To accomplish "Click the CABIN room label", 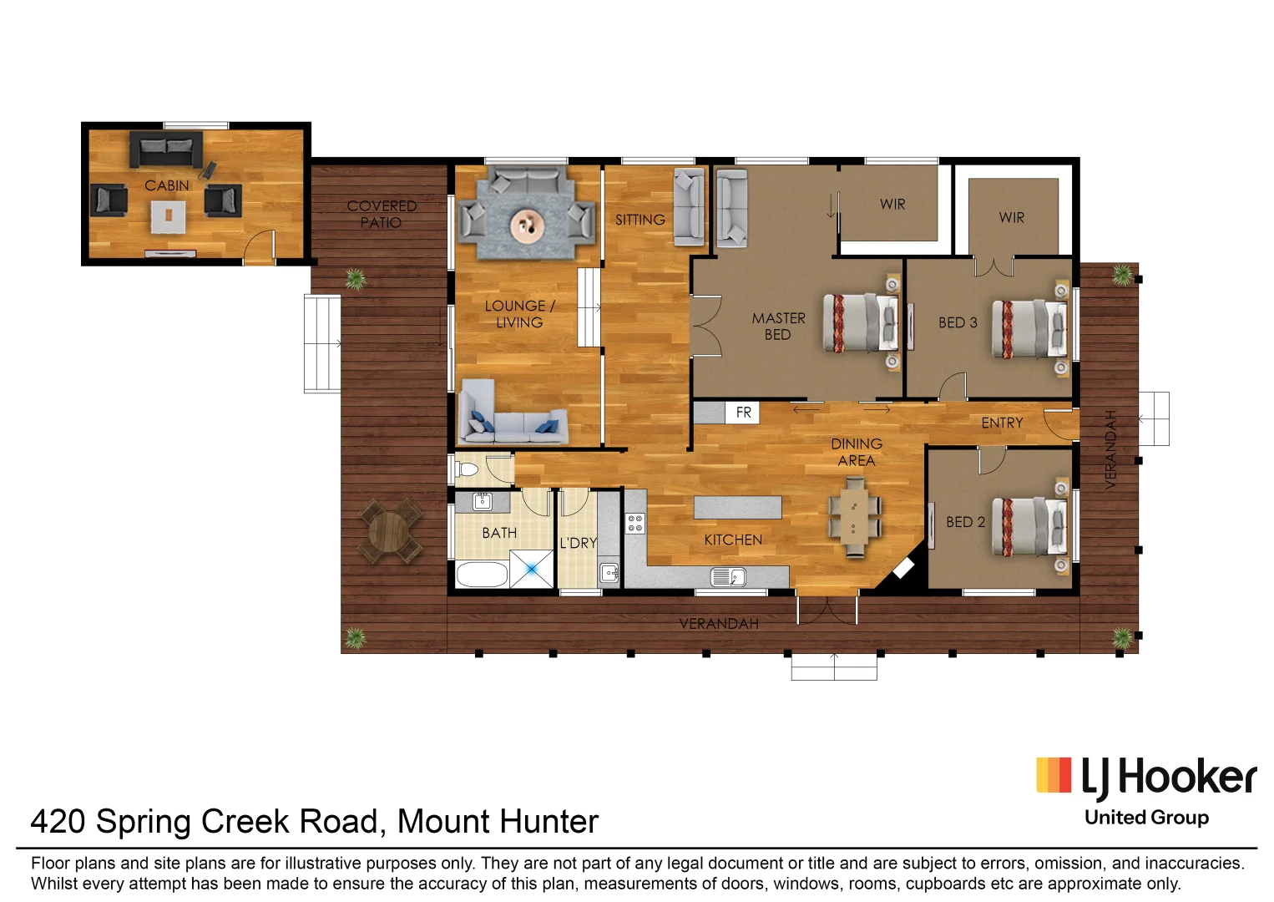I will (x=167, y=185).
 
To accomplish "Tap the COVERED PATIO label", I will (x=382, y=214).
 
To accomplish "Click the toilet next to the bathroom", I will (x=468, y=469).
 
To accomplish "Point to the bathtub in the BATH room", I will (x=483, y=575).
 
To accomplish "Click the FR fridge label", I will (x=743, y=413).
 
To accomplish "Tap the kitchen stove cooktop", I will (x=635, y=524).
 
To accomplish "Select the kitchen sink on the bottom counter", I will (x=727, y=576).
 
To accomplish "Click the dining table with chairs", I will (x=854, y=515).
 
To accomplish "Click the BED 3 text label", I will (x=957, y=322).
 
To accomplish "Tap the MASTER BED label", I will (x=778, y=326).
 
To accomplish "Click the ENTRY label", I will (x=1002, y=423).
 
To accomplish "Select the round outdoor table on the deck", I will (x=389, y=531).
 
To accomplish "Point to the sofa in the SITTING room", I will (x=689, y=206).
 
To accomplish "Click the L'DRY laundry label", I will (x=578, y=543).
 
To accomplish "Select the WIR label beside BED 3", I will (x=1011, y=217).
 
